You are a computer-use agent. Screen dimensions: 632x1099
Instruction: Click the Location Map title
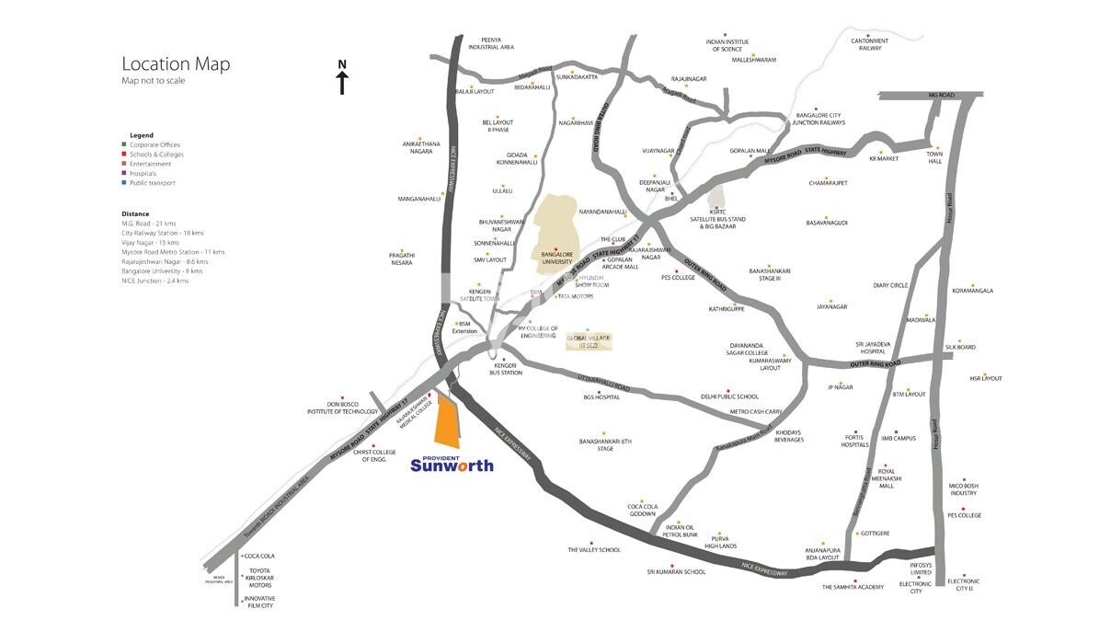176,64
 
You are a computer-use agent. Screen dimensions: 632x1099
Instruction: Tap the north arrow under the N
342,83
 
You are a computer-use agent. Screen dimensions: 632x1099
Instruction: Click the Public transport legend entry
152,183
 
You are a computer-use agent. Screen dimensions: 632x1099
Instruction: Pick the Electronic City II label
964,584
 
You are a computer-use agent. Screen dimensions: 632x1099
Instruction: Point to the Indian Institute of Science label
727,45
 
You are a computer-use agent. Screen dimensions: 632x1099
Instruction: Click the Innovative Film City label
259,602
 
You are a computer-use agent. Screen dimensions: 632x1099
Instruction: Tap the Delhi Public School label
729,396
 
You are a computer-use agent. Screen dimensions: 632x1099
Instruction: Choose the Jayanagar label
830,306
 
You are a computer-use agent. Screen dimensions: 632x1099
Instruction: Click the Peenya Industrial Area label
490,43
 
